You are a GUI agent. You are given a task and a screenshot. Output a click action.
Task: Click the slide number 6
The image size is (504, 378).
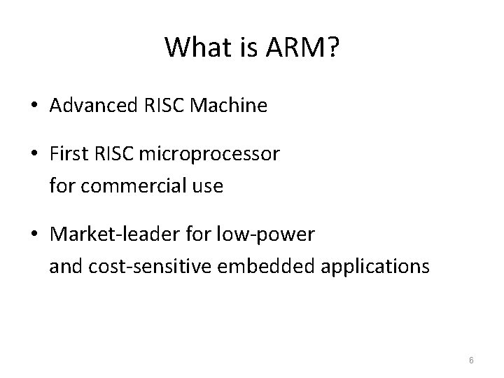(471, 360)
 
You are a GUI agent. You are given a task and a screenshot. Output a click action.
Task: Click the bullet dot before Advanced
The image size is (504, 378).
(34, 107)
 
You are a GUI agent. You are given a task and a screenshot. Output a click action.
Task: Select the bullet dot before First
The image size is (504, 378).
(34, 155)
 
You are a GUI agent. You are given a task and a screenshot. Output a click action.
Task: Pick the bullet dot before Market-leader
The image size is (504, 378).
(34, 235)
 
